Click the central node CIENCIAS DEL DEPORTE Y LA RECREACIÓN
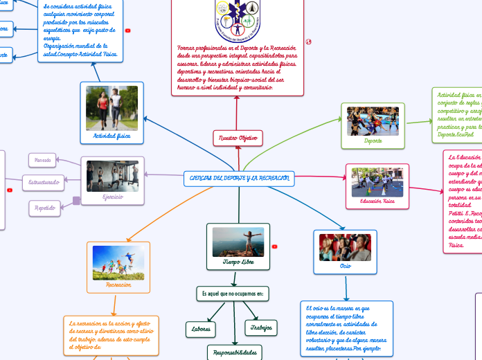(x=239, y=179)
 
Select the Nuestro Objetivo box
(x=238, y=138)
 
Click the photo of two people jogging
(x=111, y=108)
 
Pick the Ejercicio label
(x=112, y=197)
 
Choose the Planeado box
(x=43, y=160)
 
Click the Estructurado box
(x=44, y=183)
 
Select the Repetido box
(x=45, y=207)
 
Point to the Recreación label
(x=118, y=284)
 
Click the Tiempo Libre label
(x=238, y=262)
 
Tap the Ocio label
(x=345, y=266)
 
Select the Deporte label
(x=373, y=141)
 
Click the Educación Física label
(x=377, y=201)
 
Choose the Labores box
(x=201, y=329)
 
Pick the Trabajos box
(x=262, y=327)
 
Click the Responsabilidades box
(x=235, y=353)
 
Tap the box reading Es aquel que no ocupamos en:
(x=233, y=294)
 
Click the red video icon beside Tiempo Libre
(x=275, y=246)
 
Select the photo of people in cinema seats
(x=345, y=247)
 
